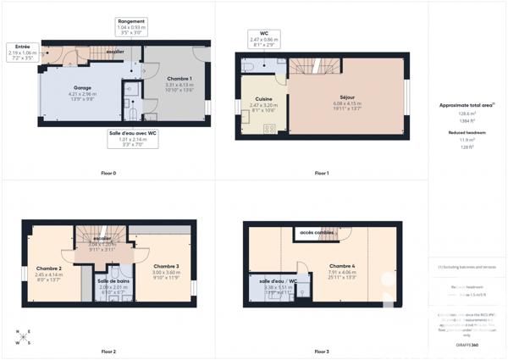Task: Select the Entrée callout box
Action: tap(24, 53)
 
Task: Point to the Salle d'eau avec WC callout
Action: tap(133, 138)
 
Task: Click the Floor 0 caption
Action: tap(108, 174)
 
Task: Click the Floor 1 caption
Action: tap(322, 174)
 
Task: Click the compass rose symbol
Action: tap(22, 336)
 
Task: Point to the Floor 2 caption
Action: tap(108, 351)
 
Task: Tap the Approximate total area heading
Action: tap(467, 105)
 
